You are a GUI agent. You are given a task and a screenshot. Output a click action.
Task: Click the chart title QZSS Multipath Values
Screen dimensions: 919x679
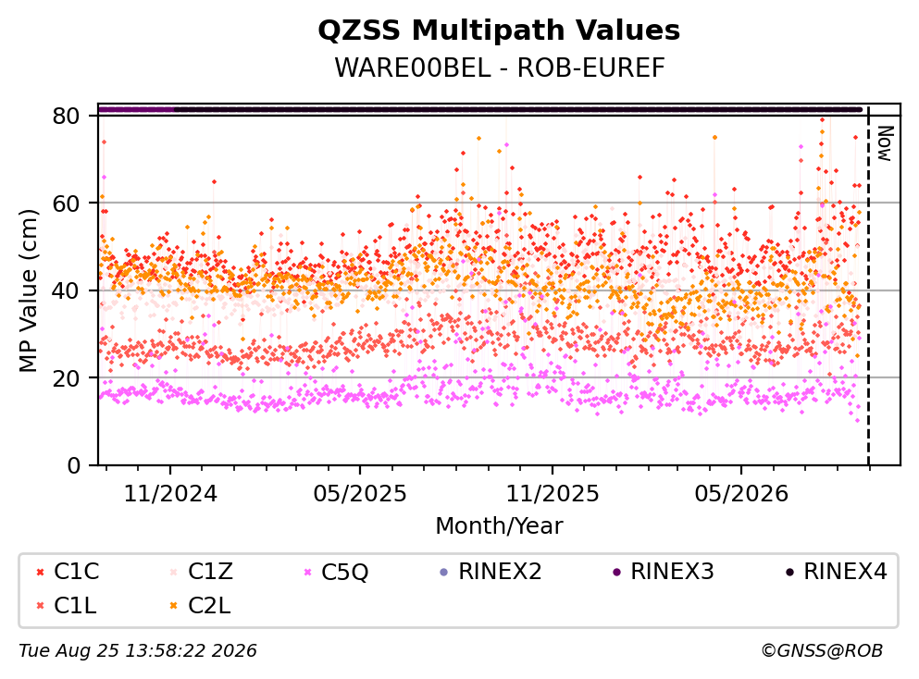pyautogui.click(x=499, y=31)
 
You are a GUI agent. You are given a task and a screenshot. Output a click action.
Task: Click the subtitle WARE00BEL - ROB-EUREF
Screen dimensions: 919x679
pyautogui.click(x=500, y=68)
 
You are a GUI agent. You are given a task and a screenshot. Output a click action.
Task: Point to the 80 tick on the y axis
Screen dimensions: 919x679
pyautogui.click(x=66, y=116)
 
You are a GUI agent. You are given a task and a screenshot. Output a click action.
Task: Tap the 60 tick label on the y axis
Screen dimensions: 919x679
pyautogui.click(x=66, y=204)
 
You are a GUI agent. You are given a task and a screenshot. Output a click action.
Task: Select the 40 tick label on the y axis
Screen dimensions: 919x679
pyautogui.click(x=66, y=290)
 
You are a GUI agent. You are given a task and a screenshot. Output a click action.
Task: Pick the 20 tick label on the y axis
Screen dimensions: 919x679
pyautogui.click(x=66, y=377)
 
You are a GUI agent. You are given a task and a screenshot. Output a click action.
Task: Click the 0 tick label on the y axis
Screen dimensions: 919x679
pyautogui.click(x=73, y=465)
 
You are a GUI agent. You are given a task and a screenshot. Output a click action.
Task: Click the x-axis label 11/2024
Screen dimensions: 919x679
pyautogui.click(x=170, y=494)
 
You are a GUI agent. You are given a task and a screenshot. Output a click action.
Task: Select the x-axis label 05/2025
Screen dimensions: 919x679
pyautogui.click(x=359, y=494)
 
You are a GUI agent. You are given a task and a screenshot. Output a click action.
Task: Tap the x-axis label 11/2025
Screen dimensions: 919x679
pyautogui.click(x=553, y=494)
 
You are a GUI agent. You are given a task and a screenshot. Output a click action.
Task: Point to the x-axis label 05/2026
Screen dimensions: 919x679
pyautogui.click(x=741, y=494)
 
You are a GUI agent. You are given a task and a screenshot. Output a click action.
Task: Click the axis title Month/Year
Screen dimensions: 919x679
pyautogui.click(x=499, y=526)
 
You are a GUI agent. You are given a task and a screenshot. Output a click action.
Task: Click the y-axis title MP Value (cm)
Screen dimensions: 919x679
pyautogui.click(x=29, y=290)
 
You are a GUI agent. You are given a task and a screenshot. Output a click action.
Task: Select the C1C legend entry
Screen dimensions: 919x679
pyautogui.click(x=67, y=571)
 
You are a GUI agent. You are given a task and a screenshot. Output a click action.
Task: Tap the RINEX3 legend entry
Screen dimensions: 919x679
pyautogui.click(x=663, y=571)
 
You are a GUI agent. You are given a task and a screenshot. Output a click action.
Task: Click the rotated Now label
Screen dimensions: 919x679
pyautogui.click(x=885, y=143)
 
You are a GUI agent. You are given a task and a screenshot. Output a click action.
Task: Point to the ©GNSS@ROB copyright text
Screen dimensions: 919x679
pyautogui.click(x=822, y=650)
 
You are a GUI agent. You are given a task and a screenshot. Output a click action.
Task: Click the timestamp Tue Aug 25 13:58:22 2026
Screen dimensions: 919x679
pyautogui.click(x=138, y=650)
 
